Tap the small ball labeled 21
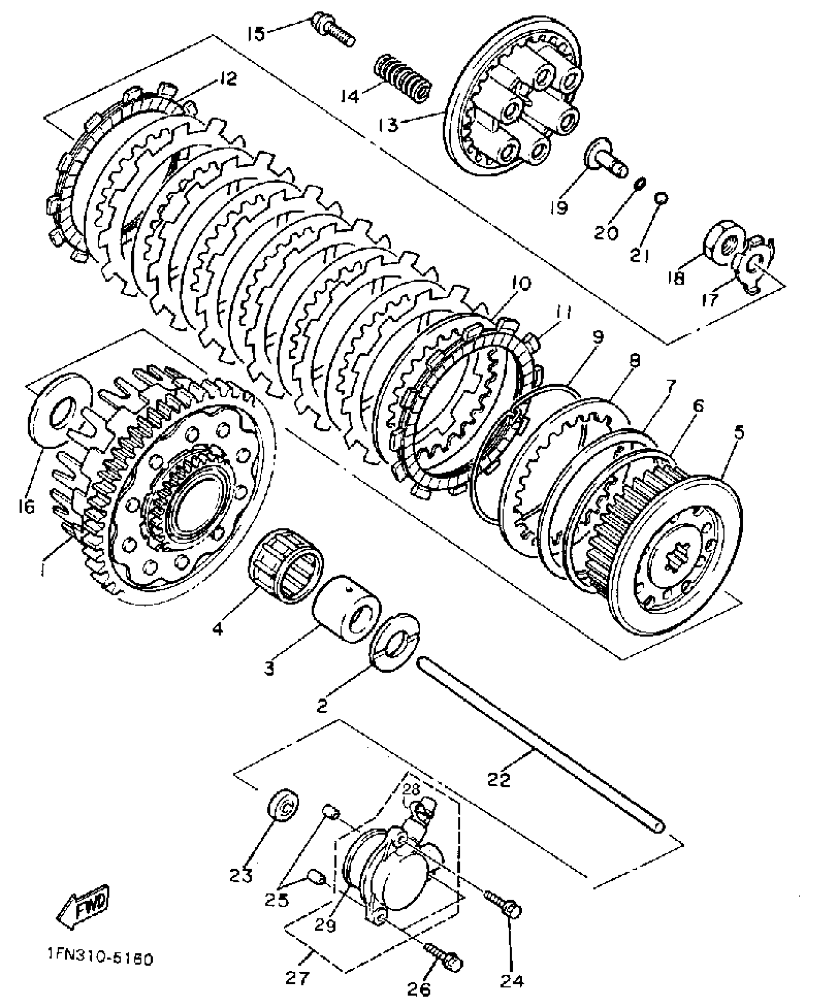[661, 198]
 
